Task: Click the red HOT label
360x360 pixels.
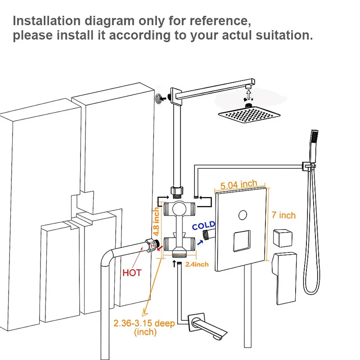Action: click(132, 273)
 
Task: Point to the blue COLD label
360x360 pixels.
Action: click(203, 225)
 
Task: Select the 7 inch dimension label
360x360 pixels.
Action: click(284, 215)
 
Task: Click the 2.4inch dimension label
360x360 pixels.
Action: click(197, 264)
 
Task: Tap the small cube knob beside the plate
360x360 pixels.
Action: click(283, 237)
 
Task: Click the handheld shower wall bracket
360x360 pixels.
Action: click(308, 167)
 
